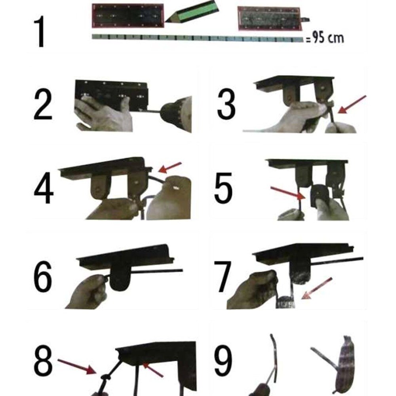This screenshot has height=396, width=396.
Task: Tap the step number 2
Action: point(43,105)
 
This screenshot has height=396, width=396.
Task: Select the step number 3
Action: point(226,104)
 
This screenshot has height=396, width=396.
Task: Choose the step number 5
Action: point(223,188)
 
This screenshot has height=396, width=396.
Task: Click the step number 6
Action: point(43,276)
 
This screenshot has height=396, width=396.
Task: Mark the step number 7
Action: point(222,276)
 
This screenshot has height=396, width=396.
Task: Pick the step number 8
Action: point(43,360)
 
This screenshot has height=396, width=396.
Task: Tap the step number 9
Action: point(223,360)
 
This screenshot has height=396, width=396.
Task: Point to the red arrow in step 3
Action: point(352,104)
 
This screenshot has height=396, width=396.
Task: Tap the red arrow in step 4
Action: point(170,168)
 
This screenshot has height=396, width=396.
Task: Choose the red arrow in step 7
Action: point(317,288)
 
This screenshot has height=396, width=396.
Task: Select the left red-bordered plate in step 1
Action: point(128,16)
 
